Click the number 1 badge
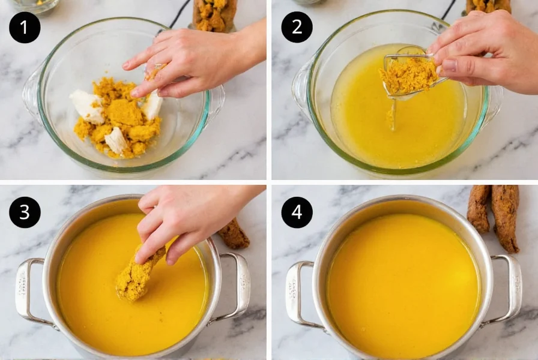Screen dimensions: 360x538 pos(25,27)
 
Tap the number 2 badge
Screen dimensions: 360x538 pos(297,27)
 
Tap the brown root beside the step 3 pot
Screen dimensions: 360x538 pos(234,235)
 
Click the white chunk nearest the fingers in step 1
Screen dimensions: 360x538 pos(152,105)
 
